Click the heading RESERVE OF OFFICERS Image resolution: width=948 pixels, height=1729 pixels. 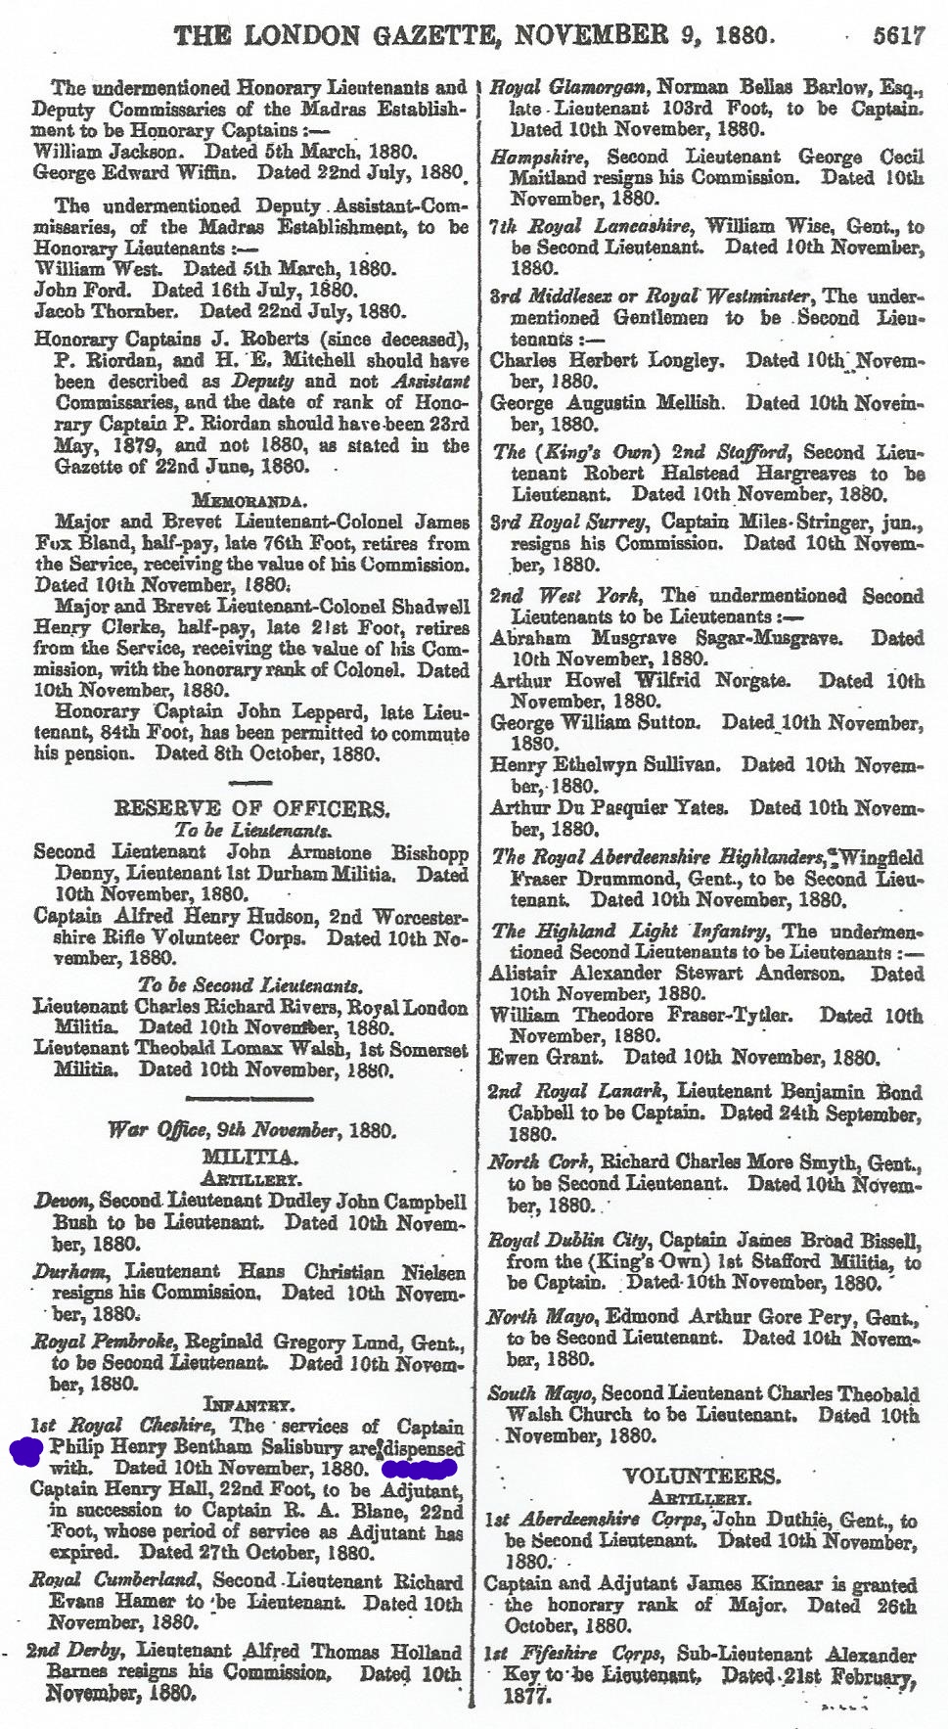pos(251,809)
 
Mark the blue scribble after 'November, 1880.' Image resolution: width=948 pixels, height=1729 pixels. pos(420,1468)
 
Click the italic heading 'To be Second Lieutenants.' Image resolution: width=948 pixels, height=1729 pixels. pos(250,985)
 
